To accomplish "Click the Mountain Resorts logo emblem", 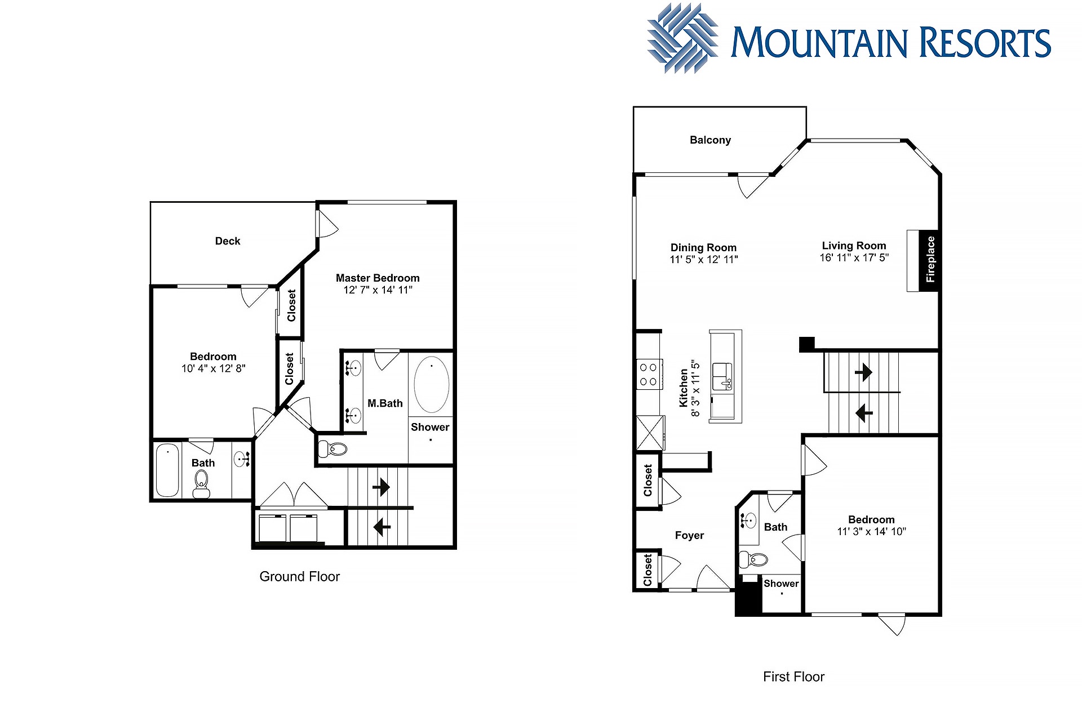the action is [682, 38].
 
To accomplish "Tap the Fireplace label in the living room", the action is [930, 260].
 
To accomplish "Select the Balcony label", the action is [710, 140].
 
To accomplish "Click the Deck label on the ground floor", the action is [228, 241].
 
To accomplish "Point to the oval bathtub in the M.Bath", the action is [432, 384].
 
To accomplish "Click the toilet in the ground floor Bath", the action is [201, 484].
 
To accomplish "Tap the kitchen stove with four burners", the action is [649, 375].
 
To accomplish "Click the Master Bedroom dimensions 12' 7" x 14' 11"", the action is [378, 290].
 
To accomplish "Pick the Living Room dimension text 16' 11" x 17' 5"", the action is [854, 257].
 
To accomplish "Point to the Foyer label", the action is [689, 535].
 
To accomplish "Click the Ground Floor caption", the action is [300, 576].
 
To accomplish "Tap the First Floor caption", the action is [793, 677].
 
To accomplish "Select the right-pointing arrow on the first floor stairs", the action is [863, 372].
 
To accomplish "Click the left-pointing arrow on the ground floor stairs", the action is [382, 527].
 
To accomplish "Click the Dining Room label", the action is [703, 247].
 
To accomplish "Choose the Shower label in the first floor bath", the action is [781, 584].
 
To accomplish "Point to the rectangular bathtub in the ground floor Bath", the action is [167, 471].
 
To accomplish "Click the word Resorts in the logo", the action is [986, 43].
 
